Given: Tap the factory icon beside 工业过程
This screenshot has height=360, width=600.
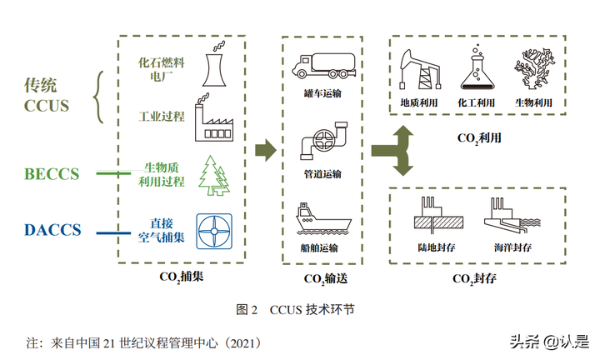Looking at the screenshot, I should [x=216, y=122].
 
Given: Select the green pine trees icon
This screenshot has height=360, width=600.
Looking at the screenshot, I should [x=213, y=175].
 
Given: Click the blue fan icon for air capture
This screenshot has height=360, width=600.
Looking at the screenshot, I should [x=214, y=229].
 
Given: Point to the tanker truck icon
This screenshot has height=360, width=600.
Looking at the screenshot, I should [x=321, y=65].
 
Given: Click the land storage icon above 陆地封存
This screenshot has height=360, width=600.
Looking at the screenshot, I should [x=437, y=217].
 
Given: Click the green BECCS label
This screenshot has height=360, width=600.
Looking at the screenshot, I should [x=52, y=174].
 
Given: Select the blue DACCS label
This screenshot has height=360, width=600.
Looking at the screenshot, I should [x=52, y=229].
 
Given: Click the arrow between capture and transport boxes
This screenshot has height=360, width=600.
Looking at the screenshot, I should [x=265, y=150].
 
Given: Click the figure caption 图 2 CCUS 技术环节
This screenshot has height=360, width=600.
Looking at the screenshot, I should [x=296, y=308].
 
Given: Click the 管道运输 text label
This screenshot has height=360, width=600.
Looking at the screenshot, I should [x=321, y=174].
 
